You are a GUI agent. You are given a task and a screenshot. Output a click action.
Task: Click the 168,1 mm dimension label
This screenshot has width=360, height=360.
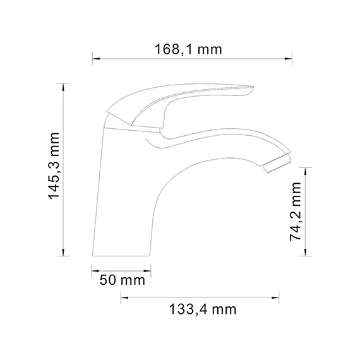(192, 49)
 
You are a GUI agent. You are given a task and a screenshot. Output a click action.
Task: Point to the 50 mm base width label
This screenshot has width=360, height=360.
(122, 279)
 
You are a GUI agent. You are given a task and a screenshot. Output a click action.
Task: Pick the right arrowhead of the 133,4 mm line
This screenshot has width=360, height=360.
(279, 296)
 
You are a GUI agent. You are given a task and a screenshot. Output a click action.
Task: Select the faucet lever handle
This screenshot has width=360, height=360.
(183, 104)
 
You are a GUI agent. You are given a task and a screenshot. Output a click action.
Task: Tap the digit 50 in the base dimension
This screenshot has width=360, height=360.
(108, 279)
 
